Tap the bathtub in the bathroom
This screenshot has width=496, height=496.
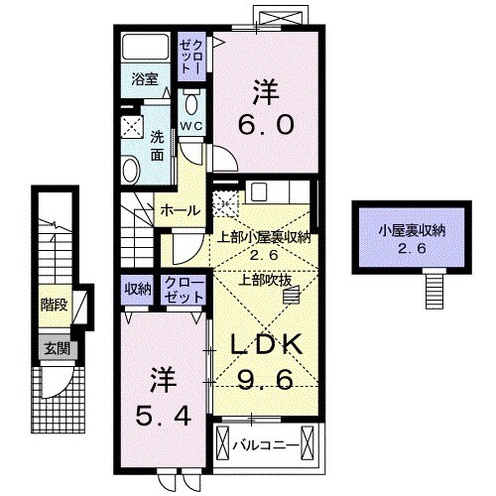pos(146,50)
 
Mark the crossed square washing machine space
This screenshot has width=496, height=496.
pos(131,126)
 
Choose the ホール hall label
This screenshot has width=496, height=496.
pos(180,210)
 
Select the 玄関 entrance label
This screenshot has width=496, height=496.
pos(55,347)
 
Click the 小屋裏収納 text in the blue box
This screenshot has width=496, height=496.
pos(411,231)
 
